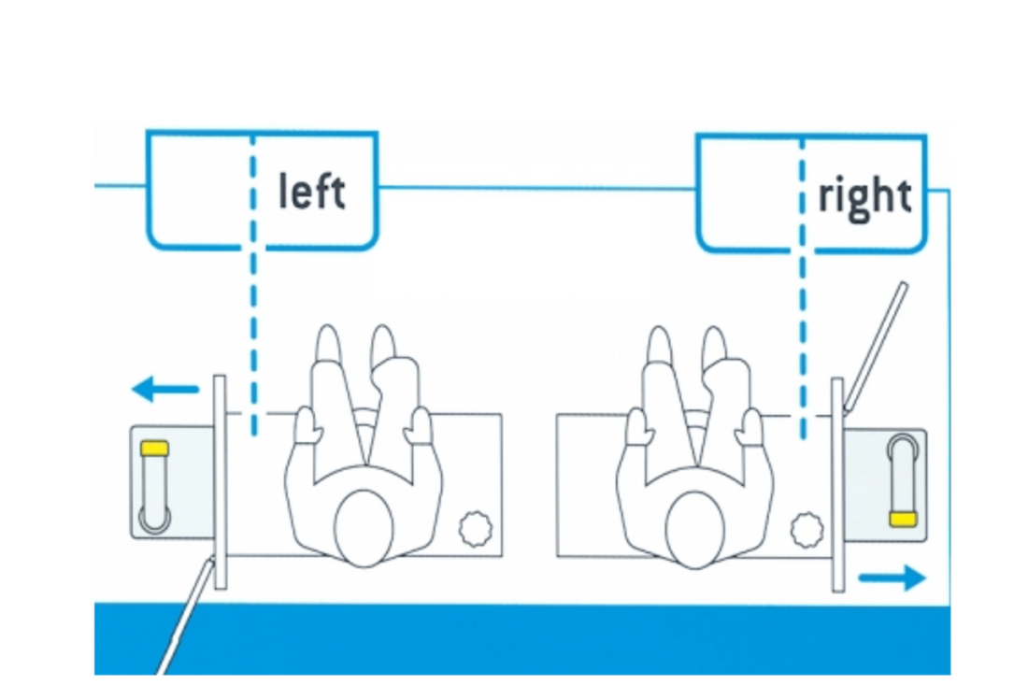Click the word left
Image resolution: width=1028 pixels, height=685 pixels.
coord(312,192)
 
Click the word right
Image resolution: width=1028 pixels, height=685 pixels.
coord(864,196)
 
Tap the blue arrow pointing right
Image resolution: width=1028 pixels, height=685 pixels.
coord(892,578)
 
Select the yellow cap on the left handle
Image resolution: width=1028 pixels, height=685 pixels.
coord(153,449)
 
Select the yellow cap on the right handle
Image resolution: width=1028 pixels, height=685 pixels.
coord(902,519)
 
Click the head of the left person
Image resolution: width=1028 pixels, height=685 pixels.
coord(362,528)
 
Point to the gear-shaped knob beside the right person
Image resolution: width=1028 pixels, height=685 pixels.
coord(805,529)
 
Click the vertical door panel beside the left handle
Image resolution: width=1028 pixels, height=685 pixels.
coord(220,481)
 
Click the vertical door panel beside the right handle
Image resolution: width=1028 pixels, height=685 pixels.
coord(838,484)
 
